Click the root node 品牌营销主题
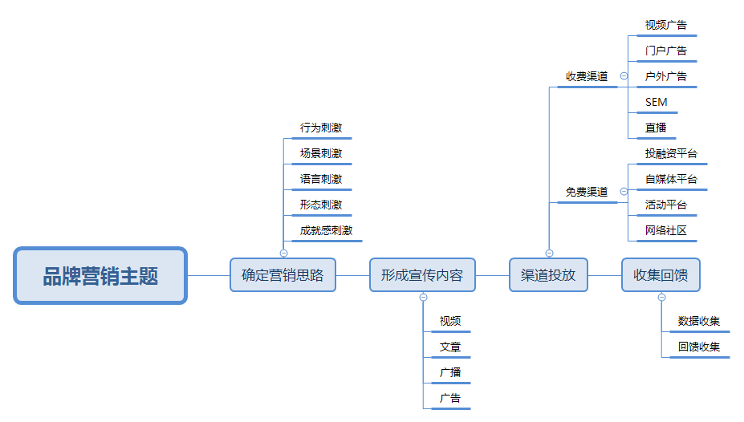(x=100, y=276)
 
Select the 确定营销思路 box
(x=283, y=275)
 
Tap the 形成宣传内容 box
(x=422, y=275)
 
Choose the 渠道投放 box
(x=548, y=275)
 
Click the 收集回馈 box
(x=661, y=275)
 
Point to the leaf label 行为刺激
(x=321, y=128)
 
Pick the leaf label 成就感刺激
(x=326, y=230)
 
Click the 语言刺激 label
(x=321, y=179)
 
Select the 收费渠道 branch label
(x=587, y=76)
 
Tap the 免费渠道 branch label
(x=587, y=192)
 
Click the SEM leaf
(x=656, y=102)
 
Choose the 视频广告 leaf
(x=666, y=25)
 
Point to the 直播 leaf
(x=655, y=128)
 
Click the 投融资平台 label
(x=671, y=153)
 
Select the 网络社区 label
(x=666, y=230)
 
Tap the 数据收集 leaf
(x=698, y=321)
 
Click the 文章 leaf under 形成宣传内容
(x=449, y=347)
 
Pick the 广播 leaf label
(x=449, y=372)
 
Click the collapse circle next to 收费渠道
(x=624, y=76)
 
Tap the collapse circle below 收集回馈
(x=661, y=298)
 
